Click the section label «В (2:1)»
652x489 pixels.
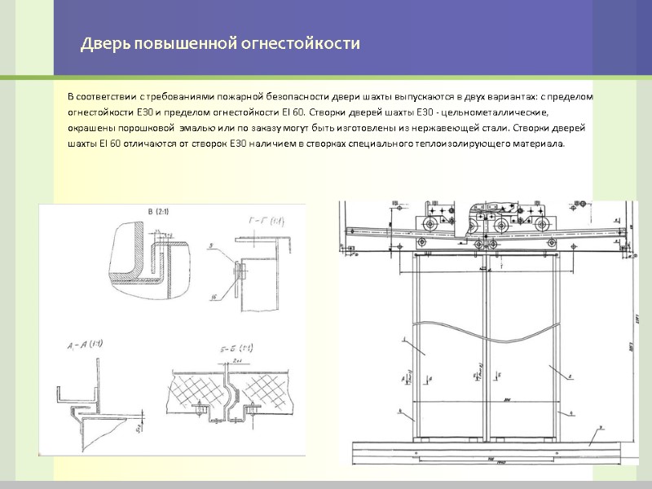(160, 214)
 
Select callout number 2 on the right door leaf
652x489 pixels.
(570, 377)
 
